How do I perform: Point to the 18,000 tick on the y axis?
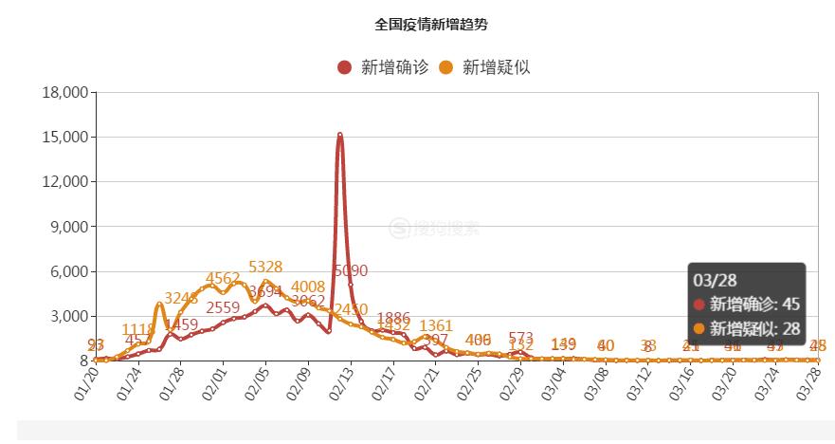tap(65, 92)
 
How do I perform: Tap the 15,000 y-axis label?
tap(65, 137)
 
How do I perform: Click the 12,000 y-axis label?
tap(65, 181)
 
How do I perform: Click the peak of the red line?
tap(339, 135)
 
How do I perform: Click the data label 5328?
tap(265, 267)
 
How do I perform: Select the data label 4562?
tap(223, 278)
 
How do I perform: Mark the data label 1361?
tap(436, 326)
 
